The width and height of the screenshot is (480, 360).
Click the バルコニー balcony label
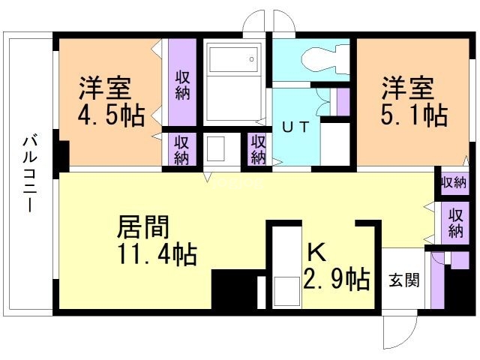coord(30,175)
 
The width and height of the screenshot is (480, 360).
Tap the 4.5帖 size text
coord(112,116)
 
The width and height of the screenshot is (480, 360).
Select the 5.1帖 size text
coord(414,115)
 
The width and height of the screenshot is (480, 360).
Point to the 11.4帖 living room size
coord(157,253)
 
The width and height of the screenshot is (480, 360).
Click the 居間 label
coord(143,226)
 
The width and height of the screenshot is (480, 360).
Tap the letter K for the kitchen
coord(316,253)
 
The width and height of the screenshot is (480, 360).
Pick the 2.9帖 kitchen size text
coord(337,278)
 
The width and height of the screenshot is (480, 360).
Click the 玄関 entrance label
coord(404,280)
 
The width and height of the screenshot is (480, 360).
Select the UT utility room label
coord(295,127)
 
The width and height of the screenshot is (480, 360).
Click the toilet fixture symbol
coord(325,59)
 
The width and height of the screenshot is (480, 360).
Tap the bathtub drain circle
coord(252,59)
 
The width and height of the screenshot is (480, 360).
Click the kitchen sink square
coord(286,291)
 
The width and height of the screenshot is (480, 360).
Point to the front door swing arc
coord(407,331)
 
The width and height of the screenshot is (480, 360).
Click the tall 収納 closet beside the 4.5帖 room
coord(182,82)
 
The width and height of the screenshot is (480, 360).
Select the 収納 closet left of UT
coord(258,149)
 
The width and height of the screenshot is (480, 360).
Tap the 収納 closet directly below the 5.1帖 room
coord(454,183)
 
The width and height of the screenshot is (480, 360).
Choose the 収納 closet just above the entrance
coord(455,223)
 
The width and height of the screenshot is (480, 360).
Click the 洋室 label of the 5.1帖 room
coord(408,88)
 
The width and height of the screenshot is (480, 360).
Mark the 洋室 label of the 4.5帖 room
coord(105,88)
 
